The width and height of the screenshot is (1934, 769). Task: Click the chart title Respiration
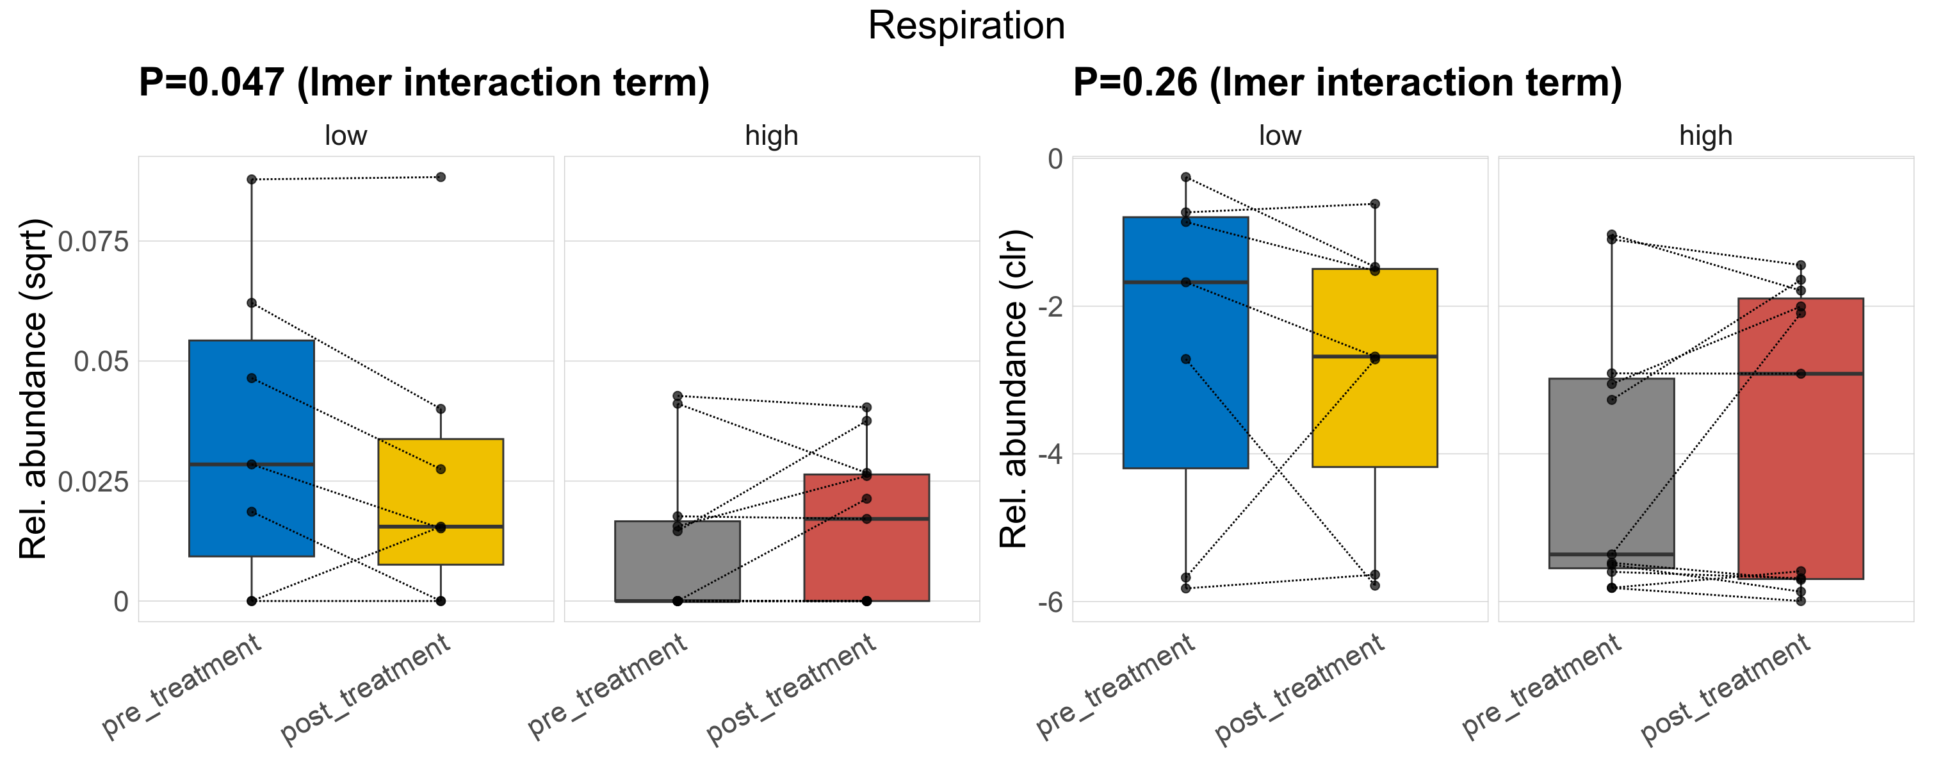[x=966, y=26]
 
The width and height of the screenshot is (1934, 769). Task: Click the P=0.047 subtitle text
[x=424, y=83]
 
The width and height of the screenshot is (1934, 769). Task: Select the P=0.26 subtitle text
[x=1347, y=83]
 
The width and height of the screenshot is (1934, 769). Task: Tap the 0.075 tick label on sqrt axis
[x=93, y=242]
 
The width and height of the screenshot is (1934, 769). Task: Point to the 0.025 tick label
[x=93, y=482]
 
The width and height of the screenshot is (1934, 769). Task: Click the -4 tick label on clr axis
[x=1050, y=454]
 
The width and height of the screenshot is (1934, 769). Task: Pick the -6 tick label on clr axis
[x=1050, y=602]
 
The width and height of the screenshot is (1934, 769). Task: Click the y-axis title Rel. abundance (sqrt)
[x=33, y=389]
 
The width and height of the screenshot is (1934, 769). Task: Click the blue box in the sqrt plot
[x=252, y=406]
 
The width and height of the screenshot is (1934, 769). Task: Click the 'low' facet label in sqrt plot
[x=345, y=136]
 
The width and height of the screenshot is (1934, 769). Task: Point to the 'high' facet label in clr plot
[x=1706, y=136]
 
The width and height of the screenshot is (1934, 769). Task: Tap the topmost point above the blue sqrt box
[x=252, y=179]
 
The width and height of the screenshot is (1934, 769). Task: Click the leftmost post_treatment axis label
[x=366, y=690]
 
